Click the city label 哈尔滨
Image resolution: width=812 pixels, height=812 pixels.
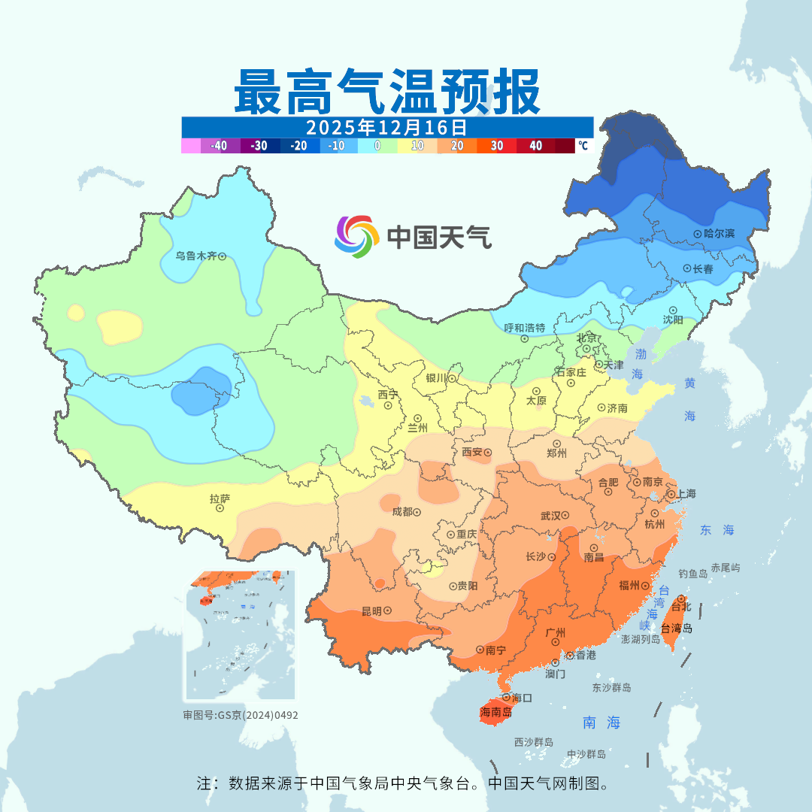[x=729, y=234]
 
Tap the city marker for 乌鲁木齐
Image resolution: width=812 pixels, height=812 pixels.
[x=222, y=256]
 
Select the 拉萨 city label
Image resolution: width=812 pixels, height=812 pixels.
[x=220, y=498]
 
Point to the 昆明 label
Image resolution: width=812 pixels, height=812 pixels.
[x=371, y=611]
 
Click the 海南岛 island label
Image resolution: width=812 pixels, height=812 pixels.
[x=495, y=711]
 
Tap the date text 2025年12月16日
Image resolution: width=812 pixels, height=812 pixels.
[x=386, y=127]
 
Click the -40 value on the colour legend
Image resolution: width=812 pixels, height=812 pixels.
[x=220, y=146]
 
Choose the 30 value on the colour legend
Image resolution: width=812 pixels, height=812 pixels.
[x=497, y=146]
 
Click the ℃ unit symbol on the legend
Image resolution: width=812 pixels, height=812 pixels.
[x=583, y=146]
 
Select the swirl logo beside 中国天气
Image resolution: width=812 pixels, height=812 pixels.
[x=355, y=237]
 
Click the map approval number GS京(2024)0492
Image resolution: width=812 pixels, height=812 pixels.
[x=241, y=715]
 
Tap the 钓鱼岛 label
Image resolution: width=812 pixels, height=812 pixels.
[x=692, y=573]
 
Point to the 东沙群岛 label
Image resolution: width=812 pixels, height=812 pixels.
[x=611, y=687]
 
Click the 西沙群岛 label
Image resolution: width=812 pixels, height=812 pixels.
[x=534, y=742]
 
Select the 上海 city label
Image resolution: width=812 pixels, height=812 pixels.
[x=686, y=493]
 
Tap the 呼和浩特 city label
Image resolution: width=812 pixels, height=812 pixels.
[x=525, y=328]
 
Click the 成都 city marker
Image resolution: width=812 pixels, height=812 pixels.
[x=417, y=512]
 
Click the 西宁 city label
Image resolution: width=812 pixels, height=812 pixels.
[x=389, y=394]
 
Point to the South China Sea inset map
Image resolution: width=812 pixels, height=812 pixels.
[x=241, y=635]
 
